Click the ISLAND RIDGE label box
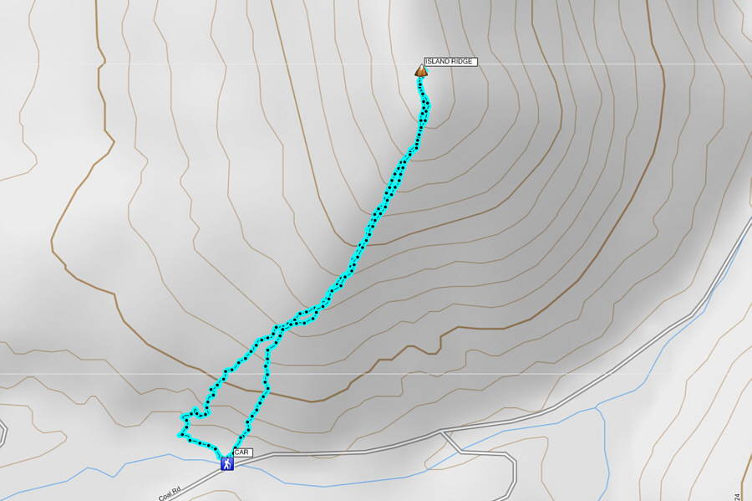pyautogui.click(x=450, y=62)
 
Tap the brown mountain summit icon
pyautogui.click(x=421, y=71)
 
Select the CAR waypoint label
pyautogui.click(x=242, y=452)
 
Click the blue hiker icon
pyautogui.click(x=226, y=463)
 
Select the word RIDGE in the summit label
pyautogui.click(x=462, y=62)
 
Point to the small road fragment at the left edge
pyautogui.click(x=3, y=433)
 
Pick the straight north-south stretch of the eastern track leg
pyautogui.click(x=267, y=368)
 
